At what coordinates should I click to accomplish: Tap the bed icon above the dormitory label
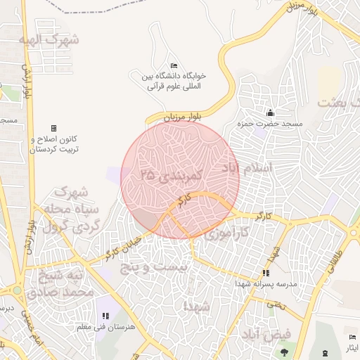coord(174,65)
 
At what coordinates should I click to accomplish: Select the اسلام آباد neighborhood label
coord(256,169)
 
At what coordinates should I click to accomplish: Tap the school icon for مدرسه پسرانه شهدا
coord(266,273)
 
